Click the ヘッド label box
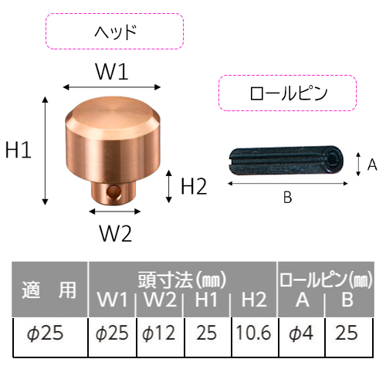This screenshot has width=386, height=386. pos(114,31)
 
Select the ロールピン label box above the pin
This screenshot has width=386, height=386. pos(287,93)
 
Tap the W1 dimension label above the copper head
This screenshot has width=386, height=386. pos(112,72)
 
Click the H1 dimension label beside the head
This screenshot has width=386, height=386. pos(19,150)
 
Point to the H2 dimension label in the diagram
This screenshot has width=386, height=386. pos(194,187)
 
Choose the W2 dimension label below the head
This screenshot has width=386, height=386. pos(116,233)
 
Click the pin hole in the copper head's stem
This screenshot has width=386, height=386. pos(114,191)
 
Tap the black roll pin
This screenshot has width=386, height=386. pos(286,161)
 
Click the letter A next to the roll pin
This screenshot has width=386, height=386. pos(372,164)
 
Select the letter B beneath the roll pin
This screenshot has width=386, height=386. pos(287,198)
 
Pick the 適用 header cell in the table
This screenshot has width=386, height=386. pos(49,289)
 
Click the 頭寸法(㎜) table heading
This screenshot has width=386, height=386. pos(182,280)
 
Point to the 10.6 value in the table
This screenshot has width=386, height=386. pos(253,333)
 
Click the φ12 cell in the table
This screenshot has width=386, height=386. pos(159,333)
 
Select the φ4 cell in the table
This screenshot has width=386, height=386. pos(301,333)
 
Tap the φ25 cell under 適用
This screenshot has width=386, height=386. pos(46,333)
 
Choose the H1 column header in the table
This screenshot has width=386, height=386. pos(206,300)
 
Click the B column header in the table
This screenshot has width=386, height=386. pos(347,300)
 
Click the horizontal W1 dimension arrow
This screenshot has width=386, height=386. pos(112,87)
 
